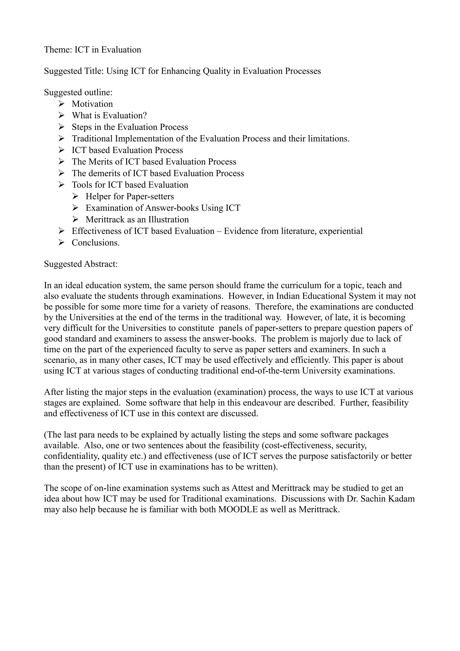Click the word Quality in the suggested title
pyautogui.click(x=217, y=71)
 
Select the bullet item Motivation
pyautogui.click(x=92, y=104)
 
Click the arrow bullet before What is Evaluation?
pyautogui.click(x=62, y=115)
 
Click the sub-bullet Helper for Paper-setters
pyautogui.click(x=130, y=197)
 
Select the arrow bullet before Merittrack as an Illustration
pyautogui.click(x=75, y=219)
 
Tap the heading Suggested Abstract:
pyautogui.click(x=80, y=264)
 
